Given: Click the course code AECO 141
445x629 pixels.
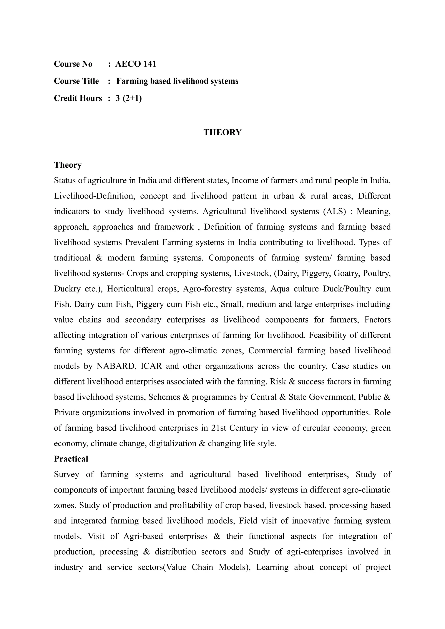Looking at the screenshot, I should [x=136, y=64].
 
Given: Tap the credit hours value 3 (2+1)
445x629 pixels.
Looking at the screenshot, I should [x=128, y=98].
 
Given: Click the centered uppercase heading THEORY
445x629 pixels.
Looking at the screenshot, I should [x=222, y=132].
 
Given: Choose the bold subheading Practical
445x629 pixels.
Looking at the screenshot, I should [x=71, y=459].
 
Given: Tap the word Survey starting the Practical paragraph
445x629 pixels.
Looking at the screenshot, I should [x=66, y=475].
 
